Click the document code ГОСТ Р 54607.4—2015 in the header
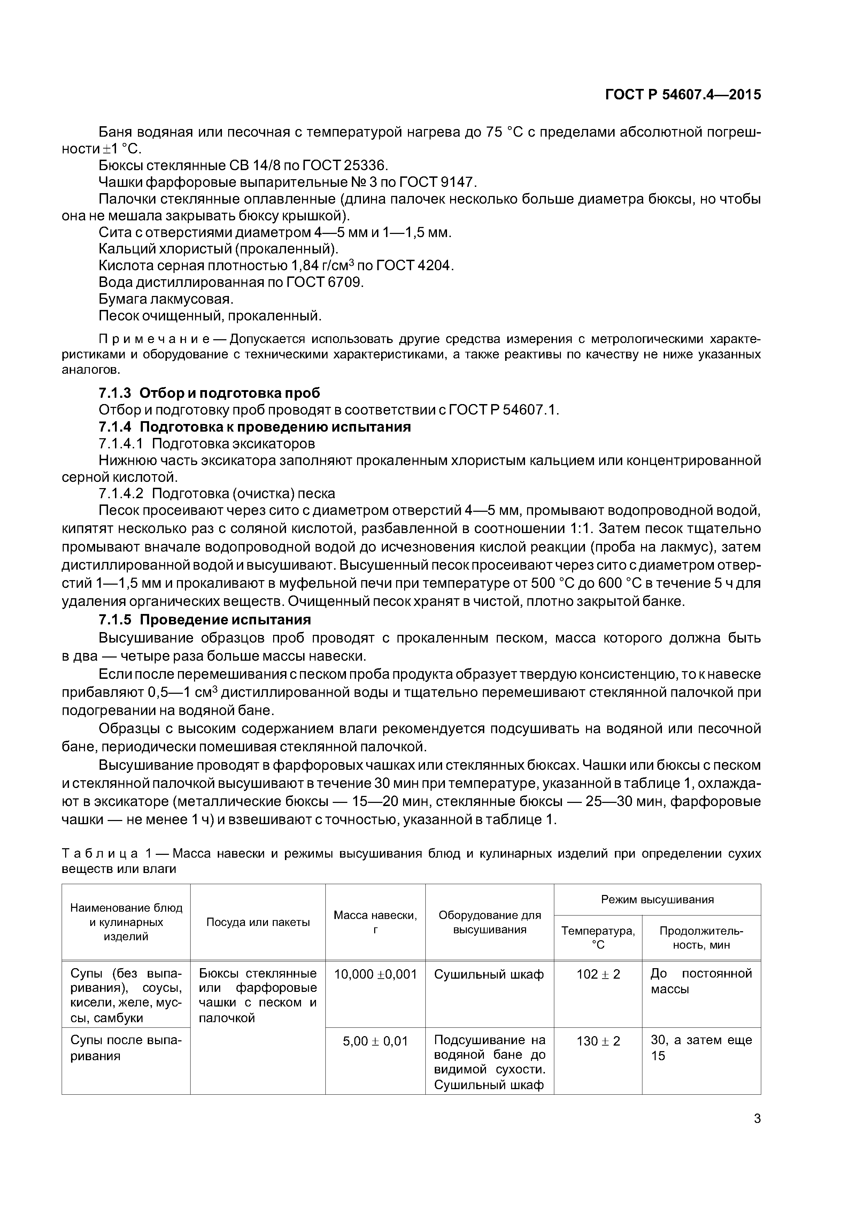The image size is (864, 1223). pos(683,95)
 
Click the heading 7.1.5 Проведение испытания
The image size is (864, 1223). pos(205,620)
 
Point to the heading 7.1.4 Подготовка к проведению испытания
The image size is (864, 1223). pos(254,427)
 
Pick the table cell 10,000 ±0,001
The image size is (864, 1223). pos(375,974)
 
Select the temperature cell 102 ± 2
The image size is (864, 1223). pos(598,974)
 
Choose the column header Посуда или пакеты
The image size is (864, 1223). pos(258,922)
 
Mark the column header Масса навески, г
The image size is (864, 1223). pos(375,922)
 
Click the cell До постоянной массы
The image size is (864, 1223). pos(701,981)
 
